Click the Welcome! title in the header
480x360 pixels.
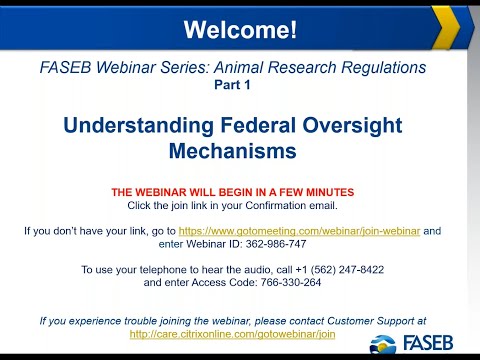point(240,30)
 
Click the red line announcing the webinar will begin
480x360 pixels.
point(232,191)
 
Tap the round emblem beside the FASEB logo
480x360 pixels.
point(383,344)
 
